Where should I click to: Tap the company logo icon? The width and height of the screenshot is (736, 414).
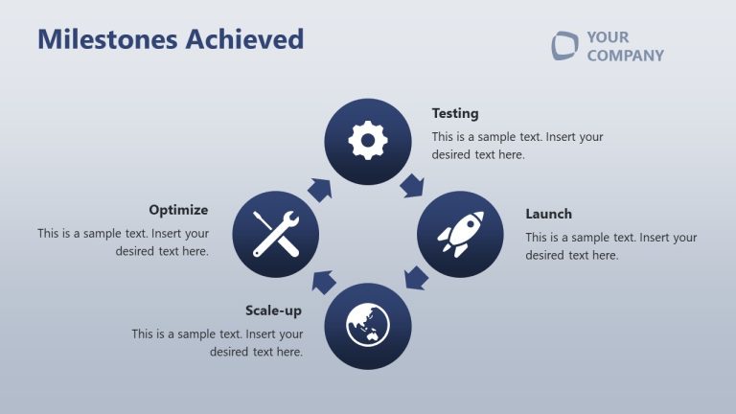[564, 45]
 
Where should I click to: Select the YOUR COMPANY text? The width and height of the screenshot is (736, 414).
[624, 46]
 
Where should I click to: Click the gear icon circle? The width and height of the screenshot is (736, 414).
[368, 142]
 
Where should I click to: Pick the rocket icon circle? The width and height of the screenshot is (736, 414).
[460, 234]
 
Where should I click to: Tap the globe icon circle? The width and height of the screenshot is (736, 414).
[368, 326]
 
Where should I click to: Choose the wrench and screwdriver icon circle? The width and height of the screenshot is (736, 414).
[276, 234]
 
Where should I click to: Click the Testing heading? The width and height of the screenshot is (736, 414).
[454, 113]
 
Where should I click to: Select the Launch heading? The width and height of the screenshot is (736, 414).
[548, 214]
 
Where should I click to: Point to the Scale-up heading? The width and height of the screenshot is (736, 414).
[273, 310]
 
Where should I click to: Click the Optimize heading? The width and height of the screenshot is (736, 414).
[178, 209]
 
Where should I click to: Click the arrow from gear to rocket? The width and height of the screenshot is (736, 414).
[413, 185]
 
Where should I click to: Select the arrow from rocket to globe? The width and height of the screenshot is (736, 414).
[415, 279]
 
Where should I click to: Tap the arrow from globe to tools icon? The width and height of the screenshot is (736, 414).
[323, 281]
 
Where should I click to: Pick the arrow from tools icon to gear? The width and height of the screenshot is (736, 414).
[320, 188]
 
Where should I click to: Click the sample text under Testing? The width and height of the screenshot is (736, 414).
[517, 146]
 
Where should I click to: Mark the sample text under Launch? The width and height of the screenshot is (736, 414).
[610, 246]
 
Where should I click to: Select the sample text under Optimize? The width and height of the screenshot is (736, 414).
[124, 241]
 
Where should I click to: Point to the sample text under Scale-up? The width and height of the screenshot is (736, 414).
[218, 343]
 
